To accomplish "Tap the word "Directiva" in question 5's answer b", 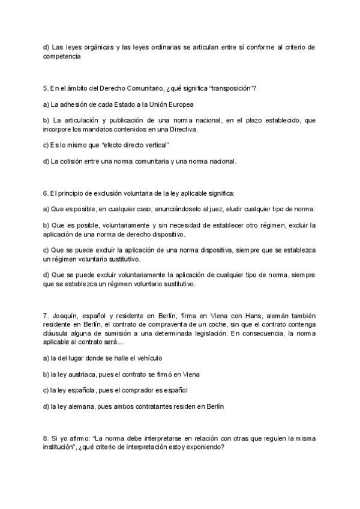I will [x=182, y=129].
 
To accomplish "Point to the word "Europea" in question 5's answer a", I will [x=178, y=105].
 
